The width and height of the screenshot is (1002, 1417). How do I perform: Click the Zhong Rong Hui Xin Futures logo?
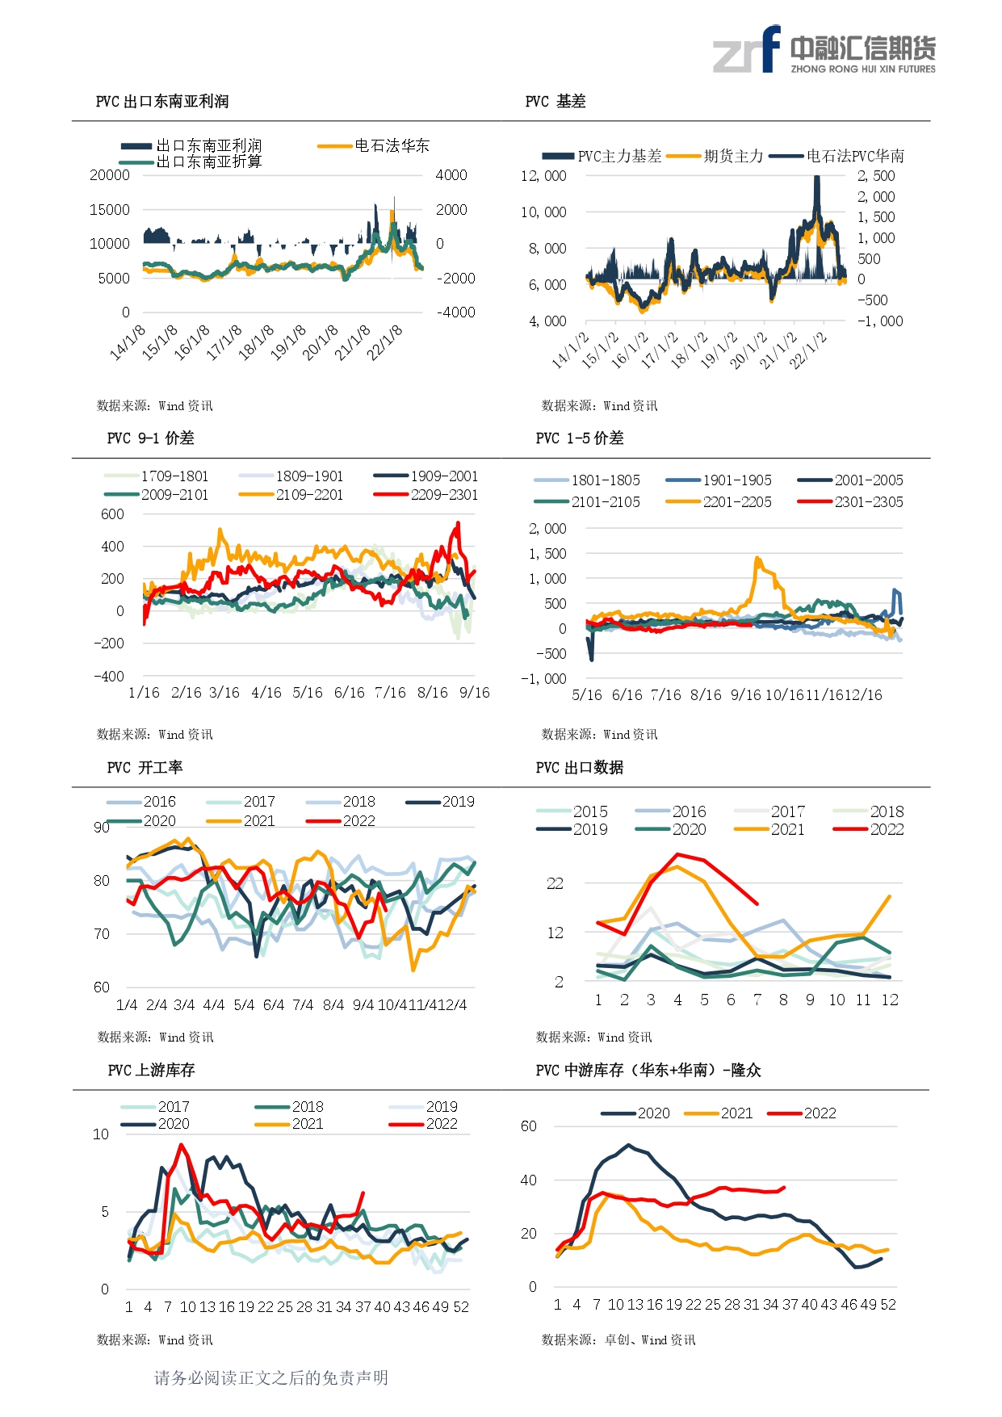pyautogui.click(x=824, y=50)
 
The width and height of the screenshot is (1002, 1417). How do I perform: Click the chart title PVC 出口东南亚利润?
pyautogui.click(x=162, y=102)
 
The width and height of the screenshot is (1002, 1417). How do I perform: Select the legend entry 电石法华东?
pyautogui.click(x=374, y=146)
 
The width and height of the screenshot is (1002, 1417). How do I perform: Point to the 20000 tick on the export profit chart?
pyautogui.click(x=110, y=175)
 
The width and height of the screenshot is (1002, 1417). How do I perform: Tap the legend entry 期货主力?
pyautogui.click(x=715, y=156)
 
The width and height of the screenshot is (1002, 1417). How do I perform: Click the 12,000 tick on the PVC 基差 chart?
pyautogui.click(x=543, y=176)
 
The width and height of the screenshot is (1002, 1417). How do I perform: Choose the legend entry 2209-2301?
pyautogui.click(x=426, y=495)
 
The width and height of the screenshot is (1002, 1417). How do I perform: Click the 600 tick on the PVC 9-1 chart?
pyautogui.click(x=113, y=514)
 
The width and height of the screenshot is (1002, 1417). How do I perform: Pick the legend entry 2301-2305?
pyautogui.click(x=850, y=502)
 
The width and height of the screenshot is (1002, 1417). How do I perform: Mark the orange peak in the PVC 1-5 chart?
pyautogui.click(x=757, y=557)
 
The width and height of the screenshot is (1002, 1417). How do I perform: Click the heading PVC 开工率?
pyautogui.click(x=145, y=768)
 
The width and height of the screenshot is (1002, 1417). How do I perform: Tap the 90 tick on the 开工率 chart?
pyautogui.click(x=102, y=827)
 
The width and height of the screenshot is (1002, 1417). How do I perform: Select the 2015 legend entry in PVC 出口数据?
pyautogui.click(x=572, y=811)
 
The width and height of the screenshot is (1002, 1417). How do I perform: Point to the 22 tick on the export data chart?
pyautogui.click(x=555, y=883)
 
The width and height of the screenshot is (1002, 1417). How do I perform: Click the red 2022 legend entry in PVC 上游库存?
pyautogui.click(x=423, y=1124)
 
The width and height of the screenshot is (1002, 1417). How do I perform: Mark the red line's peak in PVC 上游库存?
pyautogui.click(x=181, y=1144)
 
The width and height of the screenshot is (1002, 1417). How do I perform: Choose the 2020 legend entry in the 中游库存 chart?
pyautogui.click(x=635, y=1113)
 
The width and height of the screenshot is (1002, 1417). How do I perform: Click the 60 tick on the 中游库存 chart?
pyautogui.click(x=529, y=1126)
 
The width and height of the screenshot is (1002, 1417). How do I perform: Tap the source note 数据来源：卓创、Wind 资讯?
pyautogui.click(x=618, y=1340)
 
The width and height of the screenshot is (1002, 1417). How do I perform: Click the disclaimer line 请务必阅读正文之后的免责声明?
pyautogui.click(x=271, y=1378)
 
